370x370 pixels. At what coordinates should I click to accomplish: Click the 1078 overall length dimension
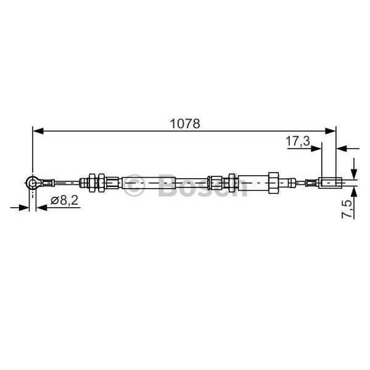click(185, 123)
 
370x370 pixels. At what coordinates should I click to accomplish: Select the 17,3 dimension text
click(297, 141)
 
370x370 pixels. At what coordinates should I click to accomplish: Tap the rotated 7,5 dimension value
click(348, 208)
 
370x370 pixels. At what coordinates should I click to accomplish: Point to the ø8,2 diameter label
click(64, 200)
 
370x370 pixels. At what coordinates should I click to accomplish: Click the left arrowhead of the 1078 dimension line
click(38, 131)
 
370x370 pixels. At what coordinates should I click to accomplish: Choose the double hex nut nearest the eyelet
click(93, 182)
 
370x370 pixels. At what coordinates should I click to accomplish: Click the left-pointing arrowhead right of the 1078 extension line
click(342, 148)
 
